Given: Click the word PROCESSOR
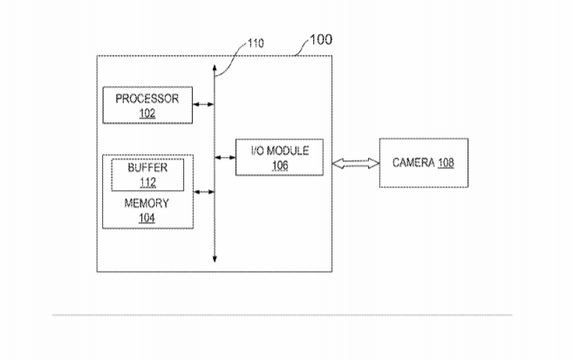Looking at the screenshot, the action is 147,98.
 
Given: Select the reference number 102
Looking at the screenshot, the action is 147,113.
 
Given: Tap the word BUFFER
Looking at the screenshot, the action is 147,167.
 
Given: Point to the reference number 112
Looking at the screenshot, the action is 147,182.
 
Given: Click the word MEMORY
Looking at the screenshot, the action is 147,203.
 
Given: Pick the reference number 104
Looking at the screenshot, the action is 147,218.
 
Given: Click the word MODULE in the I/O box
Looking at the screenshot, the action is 288,151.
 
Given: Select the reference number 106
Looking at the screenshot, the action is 280,166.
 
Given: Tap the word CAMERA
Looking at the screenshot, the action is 413,162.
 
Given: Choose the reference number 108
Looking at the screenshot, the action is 446,162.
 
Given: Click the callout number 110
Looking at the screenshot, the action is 256,44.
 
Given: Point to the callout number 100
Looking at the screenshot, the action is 321,39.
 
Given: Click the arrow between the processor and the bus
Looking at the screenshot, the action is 203,105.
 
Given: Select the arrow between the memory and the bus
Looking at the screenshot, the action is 203,192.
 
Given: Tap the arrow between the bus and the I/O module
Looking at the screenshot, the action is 225,158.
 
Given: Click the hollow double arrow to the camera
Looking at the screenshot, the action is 356,163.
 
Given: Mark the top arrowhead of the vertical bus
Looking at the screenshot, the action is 215,68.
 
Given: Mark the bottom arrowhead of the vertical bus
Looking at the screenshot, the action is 215,259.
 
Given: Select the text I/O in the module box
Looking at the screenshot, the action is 257,151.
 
